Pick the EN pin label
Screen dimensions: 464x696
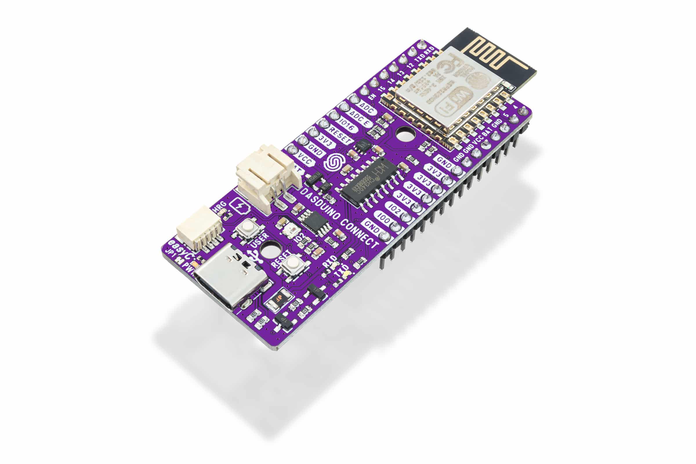pos(372,96)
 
